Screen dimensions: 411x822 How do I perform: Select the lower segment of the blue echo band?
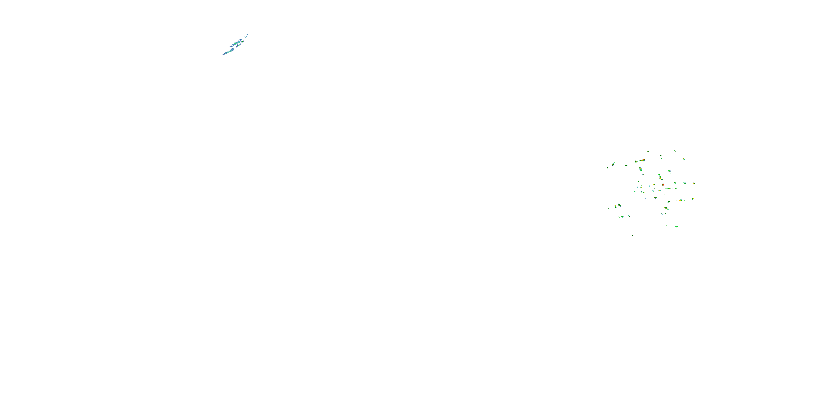[229, 52]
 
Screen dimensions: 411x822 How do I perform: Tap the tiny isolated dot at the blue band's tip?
[247, 35]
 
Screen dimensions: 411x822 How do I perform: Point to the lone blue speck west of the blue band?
[224, 48]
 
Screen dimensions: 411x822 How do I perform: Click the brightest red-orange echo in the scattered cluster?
[663, 184]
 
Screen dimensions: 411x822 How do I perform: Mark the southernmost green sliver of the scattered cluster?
[632, 235]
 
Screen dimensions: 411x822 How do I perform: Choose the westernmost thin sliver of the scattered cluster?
[607, 168]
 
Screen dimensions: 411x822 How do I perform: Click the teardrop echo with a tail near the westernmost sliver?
[613, 164]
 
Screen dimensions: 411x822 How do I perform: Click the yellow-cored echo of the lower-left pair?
[619, 205]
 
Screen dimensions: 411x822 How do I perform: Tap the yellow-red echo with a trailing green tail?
[665, 208]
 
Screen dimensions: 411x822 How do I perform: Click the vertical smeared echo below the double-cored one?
[640, 169]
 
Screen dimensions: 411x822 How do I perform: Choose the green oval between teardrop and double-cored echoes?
[626, 165]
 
